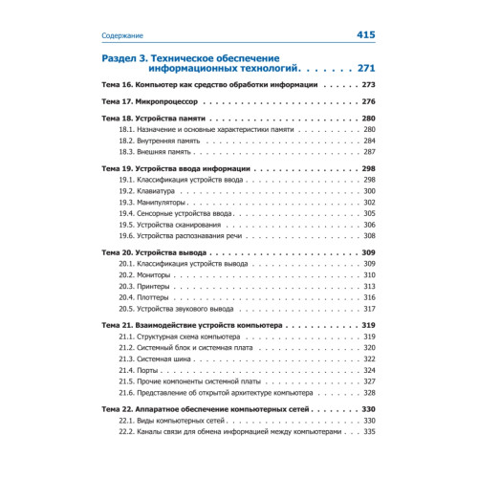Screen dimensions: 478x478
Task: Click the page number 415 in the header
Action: pos(365,35)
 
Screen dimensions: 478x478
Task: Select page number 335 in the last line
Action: pos(369,431)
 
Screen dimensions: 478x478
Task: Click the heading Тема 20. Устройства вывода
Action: pos(154,251)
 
